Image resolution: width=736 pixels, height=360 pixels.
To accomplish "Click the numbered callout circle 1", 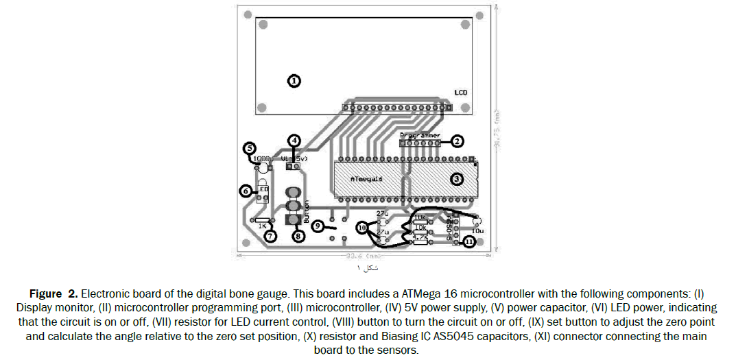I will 294,81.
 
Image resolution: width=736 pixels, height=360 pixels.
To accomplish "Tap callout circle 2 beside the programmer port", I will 457,141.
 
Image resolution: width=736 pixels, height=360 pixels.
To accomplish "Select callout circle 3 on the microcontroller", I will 457,179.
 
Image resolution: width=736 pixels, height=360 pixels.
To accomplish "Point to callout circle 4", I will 294,141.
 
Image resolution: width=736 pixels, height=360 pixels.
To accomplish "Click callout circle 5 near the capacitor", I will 250,148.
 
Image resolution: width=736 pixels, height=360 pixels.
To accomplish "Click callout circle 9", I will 317,225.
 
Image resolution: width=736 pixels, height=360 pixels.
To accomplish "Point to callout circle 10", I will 362,226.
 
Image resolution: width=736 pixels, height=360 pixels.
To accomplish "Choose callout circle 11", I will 468,242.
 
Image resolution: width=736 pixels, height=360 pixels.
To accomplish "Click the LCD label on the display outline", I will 462,92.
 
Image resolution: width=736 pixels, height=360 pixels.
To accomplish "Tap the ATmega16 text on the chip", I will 361,178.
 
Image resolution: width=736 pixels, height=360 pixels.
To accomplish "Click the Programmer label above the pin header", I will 420,135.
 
